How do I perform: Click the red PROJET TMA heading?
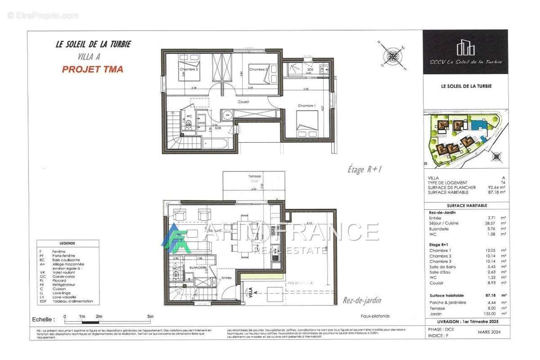(92, 69)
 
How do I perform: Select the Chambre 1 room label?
(306, 106)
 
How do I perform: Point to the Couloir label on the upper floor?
(243, 102)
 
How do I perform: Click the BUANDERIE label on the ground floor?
(198, 267)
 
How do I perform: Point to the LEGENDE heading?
(67, 243)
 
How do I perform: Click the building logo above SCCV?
(466, 48)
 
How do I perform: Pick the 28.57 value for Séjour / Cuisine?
(488, 223)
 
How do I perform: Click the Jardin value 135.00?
(487, 314)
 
